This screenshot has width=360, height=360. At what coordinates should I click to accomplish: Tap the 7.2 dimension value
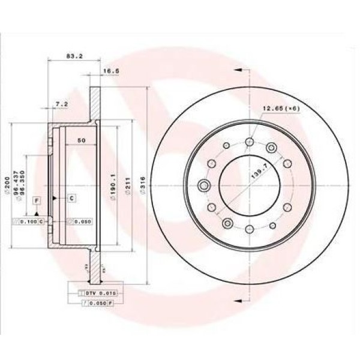tap(61, 104)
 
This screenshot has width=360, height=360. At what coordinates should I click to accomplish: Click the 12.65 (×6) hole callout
tap(279, 109)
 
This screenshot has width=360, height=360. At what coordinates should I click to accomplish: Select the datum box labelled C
tap(71, 197)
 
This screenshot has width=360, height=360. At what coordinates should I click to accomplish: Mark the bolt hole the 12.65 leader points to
tap(271, 146)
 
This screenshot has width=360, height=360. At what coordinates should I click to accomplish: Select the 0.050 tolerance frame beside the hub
tap(79, 222)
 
